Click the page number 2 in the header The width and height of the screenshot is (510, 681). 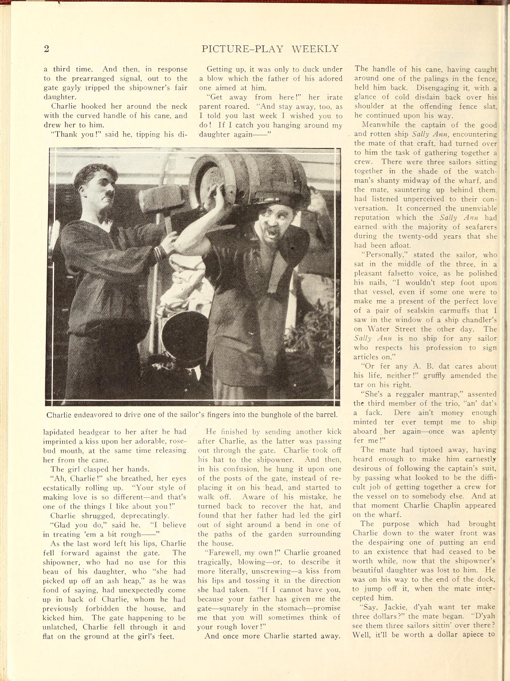tap(47, 49)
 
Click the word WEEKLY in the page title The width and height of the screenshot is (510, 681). tap(315, 49)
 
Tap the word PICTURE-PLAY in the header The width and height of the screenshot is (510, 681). tap(243, 49)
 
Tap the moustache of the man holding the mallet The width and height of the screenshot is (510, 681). tap(109, 195)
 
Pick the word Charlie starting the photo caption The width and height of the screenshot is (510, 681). tap(58, 415)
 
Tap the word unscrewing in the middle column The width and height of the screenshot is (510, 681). tap(281, 571)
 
